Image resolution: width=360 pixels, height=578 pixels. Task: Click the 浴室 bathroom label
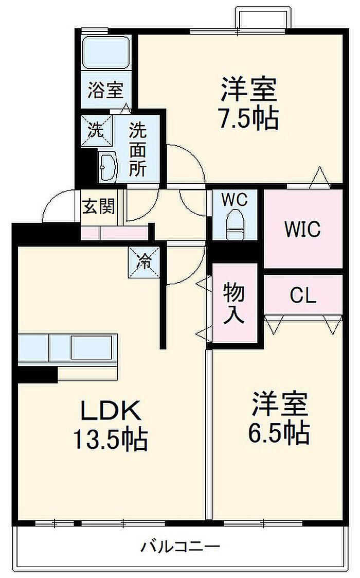point(105,90)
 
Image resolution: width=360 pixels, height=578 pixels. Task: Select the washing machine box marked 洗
point(96,130)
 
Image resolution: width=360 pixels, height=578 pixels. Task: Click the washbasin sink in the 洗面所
point(108,167)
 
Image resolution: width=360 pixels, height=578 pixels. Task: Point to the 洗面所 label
point(137,149)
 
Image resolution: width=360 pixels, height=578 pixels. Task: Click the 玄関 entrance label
point(98,206)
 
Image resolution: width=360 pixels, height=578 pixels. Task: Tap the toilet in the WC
point(235,224)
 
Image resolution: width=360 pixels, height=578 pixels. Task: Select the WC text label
point(235,200)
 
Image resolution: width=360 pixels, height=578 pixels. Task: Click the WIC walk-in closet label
point(302,229)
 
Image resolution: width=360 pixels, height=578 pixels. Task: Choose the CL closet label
point(303,295)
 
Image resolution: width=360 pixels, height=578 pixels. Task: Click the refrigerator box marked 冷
point(143,262)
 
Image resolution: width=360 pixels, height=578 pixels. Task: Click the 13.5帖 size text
point(111,439)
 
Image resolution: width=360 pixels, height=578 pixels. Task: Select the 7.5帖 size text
point(249,118)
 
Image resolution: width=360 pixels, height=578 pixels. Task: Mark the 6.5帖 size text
point(279,432)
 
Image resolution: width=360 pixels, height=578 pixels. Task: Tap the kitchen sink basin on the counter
point(92,347)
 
